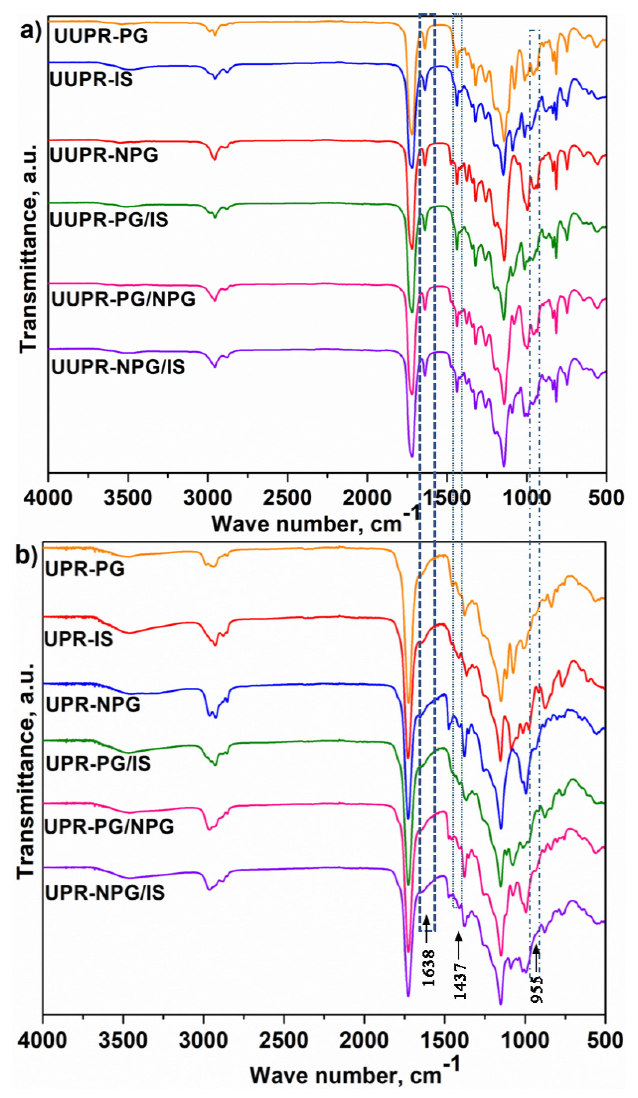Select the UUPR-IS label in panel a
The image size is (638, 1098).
pyautogui.click(x=91, y=80)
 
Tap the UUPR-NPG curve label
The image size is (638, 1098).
pyautogui.click(x=104, y=155)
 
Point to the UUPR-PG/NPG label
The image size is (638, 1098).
pyautogui.click(x=124, y=299)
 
